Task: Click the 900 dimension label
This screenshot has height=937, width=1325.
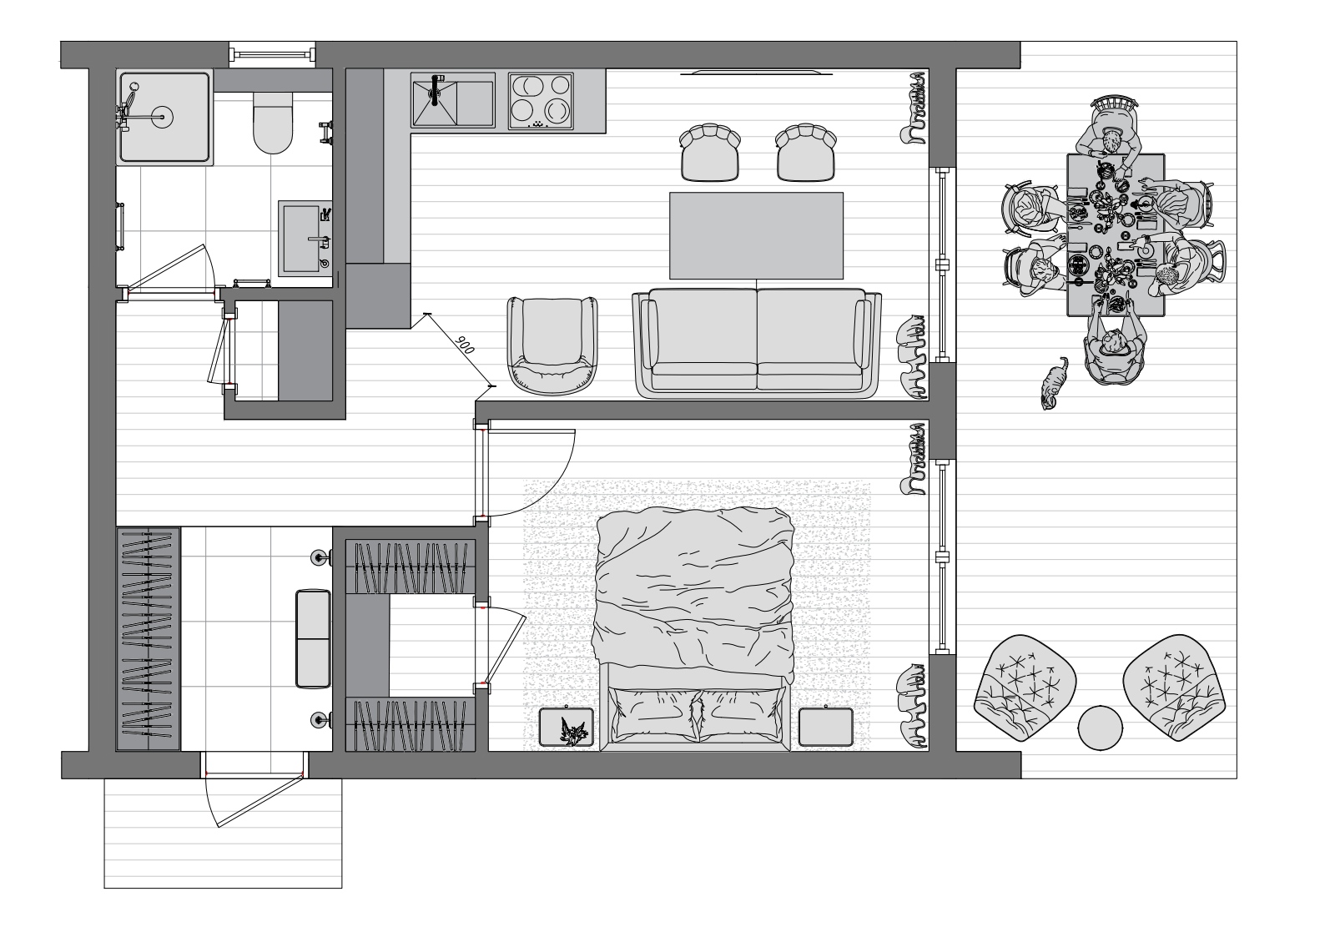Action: pyautogui.click(x=465, y=345)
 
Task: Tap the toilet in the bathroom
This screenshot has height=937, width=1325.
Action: pyautogui.click(x=273, y=123)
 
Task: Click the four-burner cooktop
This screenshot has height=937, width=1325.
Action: pyautogui.click(x=541, y=101)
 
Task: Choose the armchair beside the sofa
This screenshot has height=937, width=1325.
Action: pyautogui.click(x=552, y=346)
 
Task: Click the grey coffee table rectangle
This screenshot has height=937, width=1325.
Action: pyautogui.click(x=756, y=235)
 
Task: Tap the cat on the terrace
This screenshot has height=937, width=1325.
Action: pyautogui.click(x=1055, y=383)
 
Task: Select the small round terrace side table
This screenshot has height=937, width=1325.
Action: pyautogui.click(x=1101, y=728)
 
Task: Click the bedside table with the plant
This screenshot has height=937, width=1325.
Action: pyautogui.click(x=567, y=727)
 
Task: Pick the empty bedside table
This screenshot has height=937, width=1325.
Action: pyautogui.click(x=826, y=727)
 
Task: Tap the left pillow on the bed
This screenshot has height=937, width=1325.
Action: pyautogui.click(x=653, y=716)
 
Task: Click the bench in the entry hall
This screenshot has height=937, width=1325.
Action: pyautogui.click(x=313, y=639)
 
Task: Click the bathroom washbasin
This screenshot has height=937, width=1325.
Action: pyautogui.click(x=305, y=239)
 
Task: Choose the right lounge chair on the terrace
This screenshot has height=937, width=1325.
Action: pyautogui.click(x=1175, y=688)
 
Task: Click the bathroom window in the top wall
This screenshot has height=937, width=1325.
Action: pyautogui.click(x=272, y=55)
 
